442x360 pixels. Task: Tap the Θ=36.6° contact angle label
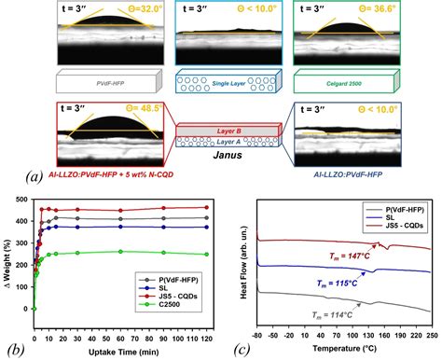point(405,9)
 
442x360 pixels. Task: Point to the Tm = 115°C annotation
point(335,280)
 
